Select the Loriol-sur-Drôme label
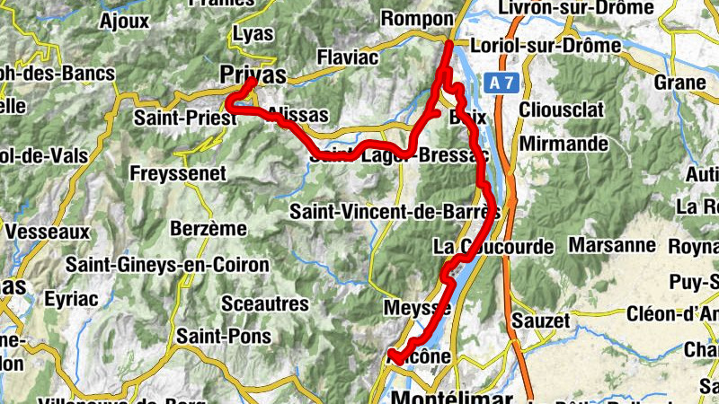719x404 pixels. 545,45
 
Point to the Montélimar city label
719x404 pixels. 454,397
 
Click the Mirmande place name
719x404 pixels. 564,144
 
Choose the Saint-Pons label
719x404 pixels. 211,336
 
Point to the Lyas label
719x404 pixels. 253,33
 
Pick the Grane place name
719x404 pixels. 680,83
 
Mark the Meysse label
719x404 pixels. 416,308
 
